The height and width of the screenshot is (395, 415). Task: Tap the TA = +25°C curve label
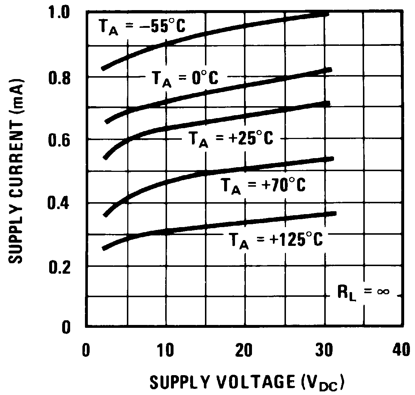coord(232,139)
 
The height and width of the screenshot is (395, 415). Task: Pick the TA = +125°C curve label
coord(275,240)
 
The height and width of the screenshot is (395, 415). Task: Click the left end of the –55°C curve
coord(103,68)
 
